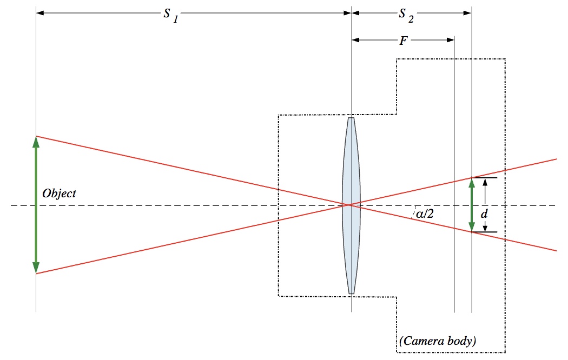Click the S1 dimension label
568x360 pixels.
pos(171,14)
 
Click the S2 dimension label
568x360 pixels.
pos(406,15)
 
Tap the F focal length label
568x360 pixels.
pos(403,40)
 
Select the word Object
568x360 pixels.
pos(59,194)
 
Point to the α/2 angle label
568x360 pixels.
pos(425,214)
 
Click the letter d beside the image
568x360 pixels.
pos(484,215)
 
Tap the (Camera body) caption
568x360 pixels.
pos(437,341)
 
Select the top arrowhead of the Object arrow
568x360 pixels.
pos(36,142)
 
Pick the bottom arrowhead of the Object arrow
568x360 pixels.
pos(36,268)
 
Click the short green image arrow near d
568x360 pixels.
pos(472,205)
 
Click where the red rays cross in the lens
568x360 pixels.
pos(349,205)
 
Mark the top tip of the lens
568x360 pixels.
pos(351,118)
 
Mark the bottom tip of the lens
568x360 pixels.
pos(351,293)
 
